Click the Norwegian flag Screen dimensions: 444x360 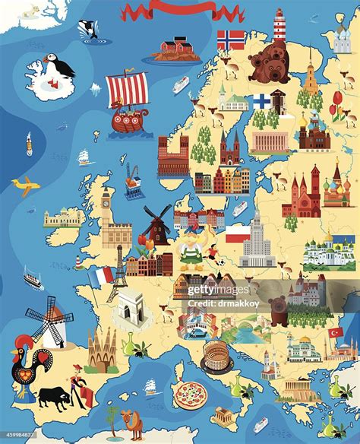231,40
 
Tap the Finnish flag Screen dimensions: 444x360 261,101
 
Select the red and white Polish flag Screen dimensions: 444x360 237,232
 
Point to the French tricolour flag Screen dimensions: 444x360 100,277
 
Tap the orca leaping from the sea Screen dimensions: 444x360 88,29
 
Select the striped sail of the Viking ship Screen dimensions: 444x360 127,89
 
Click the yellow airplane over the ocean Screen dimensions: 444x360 26,185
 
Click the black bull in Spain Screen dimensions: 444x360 53,396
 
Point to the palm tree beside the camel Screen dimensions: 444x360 113,417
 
